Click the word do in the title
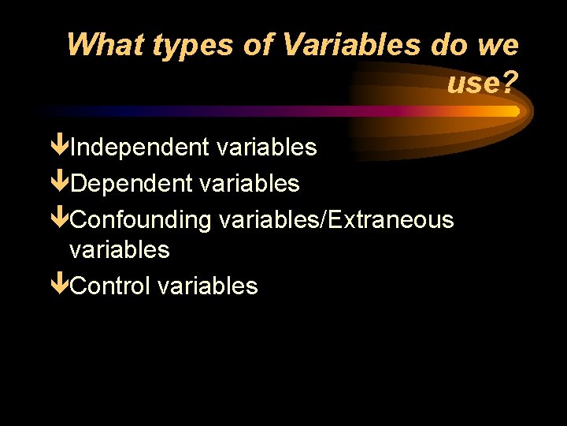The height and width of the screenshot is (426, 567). pos(449,45)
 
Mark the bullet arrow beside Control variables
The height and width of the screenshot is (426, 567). pos(59,286)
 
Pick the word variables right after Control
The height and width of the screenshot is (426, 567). pos(207,286)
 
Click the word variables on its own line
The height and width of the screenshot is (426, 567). pos(119,250)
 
